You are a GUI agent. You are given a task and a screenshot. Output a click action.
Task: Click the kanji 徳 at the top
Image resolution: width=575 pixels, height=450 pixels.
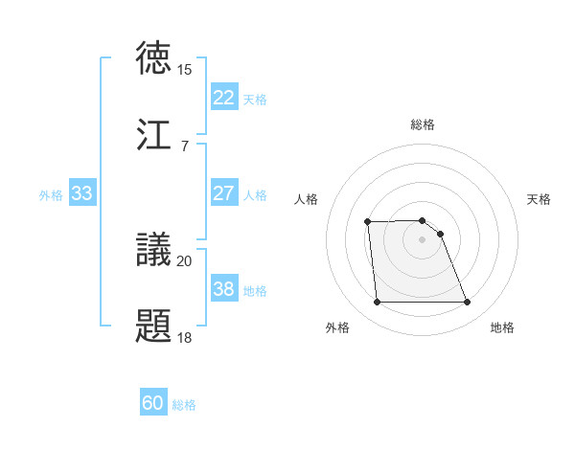point(154,58)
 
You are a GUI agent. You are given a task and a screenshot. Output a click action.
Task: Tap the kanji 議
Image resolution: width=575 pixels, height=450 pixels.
point(154,250)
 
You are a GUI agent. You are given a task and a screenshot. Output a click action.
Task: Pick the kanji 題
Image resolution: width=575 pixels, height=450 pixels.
point(154,325)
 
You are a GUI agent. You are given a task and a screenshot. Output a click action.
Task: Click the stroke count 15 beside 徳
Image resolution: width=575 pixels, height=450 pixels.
point(185,70)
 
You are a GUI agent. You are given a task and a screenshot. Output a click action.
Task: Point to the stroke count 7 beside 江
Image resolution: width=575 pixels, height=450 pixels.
point(185,146)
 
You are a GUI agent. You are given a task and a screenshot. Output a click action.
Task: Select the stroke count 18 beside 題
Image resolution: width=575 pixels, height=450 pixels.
point(185,337)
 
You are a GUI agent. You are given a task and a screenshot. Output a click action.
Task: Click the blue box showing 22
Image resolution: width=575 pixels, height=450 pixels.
point(223,98)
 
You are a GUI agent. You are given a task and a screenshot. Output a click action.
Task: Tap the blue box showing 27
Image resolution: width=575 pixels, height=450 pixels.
point(223,193)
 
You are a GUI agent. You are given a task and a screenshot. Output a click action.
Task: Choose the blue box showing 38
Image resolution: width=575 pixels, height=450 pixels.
point(223,289)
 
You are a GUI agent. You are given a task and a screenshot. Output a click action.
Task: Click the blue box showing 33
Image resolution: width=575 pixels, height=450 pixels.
point(81,193)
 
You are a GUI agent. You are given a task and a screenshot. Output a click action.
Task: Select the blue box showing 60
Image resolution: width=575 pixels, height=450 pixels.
point(153,404)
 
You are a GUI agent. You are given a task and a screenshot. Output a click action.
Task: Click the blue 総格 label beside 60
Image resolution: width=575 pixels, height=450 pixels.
point(185,405)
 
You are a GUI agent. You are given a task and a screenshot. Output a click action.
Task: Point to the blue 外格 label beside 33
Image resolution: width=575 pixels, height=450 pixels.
point(51,194)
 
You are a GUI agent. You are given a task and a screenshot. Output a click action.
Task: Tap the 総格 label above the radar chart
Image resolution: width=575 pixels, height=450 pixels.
point(423,124)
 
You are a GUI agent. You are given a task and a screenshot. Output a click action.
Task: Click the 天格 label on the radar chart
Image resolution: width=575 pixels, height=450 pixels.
point(540,199)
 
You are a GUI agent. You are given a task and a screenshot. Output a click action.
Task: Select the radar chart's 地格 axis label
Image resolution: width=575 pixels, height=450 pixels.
point(502,327)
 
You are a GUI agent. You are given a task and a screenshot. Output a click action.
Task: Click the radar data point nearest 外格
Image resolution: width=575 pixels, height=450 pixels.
point(377,303)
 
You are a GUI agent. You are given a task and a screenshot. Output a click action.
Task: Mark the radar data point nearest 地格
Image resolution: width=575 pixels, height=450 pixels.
point(468,303)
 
